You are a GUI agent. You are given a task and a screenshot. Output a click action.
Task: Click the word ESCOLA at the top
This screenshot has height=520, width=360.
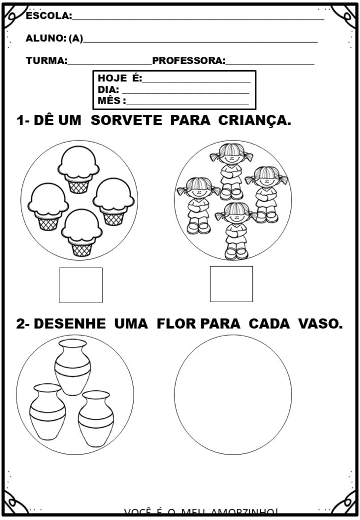pyautogui.click(x=48, y=16)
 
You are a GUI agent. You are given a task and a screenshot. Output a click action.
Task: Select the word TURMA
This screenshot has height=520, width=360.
pyautogui.click(x=46, y=61)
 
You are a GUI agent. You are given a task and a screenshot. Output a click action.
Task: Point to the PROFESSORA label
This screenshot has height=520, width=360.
pyautogui.click(x=188, y=61)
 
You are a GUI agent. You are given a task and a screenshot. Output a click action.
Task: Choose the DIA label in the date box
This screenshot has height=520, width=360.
pyautogui.click(x=108, y=89)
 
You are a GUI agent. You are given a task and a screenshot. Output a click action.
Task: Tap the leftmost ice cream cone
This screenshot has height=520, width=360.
pyautogui.click(x=47, y=206)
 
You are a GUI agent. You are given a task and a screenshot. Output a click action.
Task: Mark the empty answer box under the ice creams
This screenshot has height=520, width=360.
pyautogui.click(x=80, y=285)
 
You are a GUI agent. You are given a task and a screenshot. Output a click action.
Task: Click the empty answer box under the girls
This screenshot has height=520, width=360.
pyautogui.click(x=231, y=284)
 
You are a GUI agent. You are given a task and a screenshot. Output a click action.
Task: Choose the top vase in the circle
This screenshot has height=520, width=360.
pyautogui.click(x=74, y=367)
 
